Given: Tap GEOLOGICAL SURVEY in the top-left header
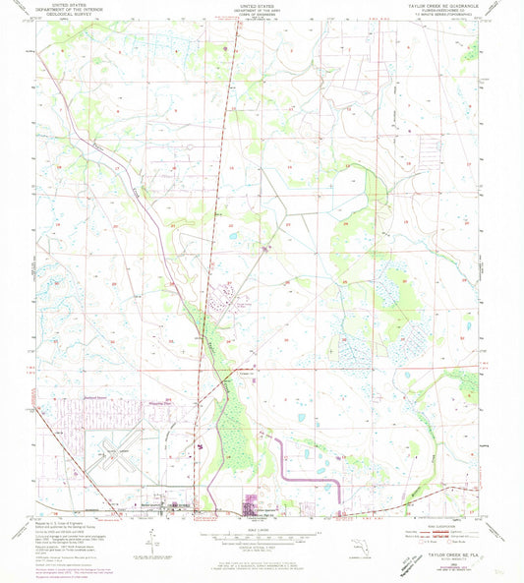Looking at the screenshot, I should coord(67,17).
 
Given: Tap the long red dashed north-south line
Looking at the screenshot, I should coord(220,197).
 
